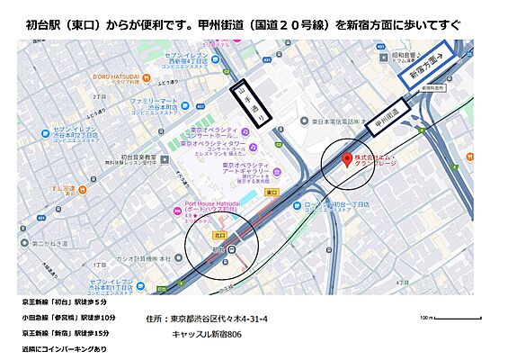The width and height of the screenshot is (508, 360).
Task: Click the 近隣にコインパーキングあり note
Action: pyautogui.click(x=63, y=348)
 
